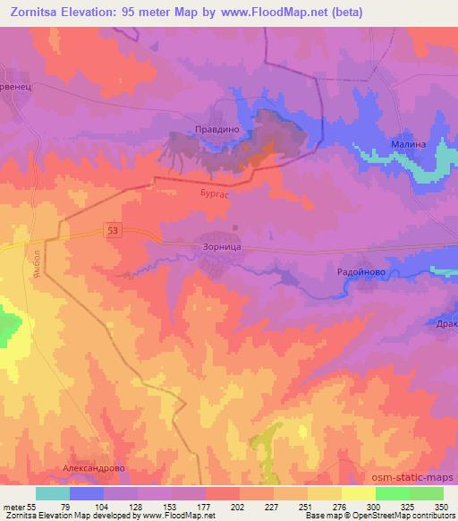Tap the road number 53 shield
coord(110,232)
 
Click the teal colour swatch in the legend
coord(53,493)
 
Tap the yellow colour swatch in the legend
coord(358,493)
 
